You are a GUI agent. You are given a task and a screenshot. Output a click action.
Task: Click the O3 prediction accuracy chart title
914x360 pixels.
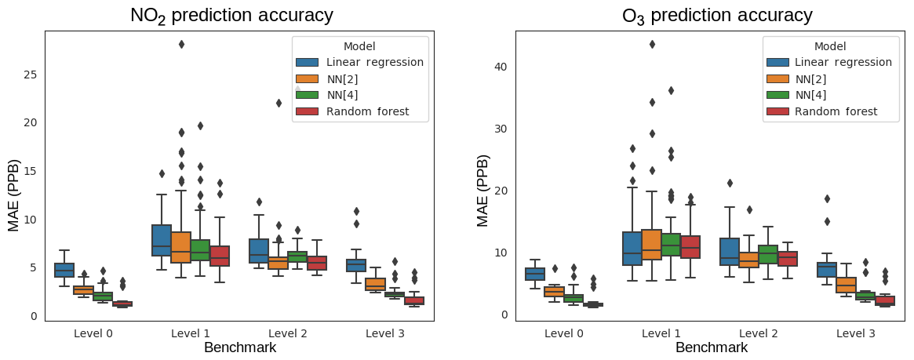[x=717, y=16]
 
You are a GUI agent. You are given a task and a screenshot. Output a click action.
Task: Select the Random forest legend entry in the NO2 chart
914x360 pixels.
[x=367, y=111]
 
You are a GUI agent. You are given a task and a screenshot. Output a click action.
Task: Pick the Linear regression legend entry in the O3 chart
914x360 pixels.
[x=843, y=62]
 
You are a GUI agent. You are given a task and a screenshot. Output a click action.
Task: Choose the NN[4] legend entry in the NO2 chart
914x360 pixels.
[x=345, y=95]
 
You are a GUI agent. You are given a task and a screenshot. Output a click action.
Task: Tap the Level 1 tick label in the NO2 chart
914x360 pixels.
[x=191, y=333]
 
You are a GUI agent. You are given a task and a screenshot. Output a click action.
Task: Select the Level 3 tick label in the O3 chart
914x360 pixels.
[x=856, y=333]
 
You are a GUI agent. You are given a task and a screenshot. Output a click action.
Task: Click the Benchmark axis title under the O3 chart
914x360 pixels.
[x=712, y=347]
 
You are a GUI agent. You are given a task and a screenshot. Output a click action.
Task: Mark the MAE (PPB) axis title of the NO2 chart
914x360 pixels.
[x=14, y=195]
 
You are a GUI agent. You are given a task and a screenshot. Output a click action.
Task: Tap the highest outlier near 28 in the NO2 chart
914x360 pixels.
[x=181, y=44]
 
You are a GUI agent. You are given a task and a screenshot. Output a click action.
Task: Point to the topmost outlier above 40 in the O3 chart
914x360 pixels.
[x=652, y=44]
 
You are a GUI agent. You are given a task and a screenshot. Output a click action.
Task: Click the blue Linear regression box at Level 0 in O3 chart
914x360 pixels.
[x=535, y=274]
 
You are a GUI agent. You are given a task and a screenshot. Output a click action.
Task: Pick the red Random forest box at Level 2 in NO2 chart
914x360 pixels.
[x=318, y=263]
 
